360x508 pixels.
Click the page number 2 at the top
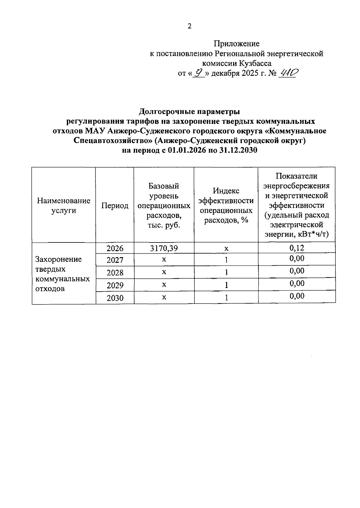189,26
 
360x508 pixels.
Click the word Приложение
236,44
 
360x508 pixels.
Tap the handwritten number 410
287,73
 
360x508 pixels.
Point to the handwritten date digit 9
198,73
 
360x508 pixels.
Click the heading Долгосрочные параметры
189,112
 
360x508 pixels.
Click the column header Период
115,206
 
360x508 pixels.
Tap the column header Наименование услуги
64,205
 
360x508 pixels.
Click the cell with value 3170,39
164,248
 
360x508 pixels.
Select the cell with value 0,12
297,247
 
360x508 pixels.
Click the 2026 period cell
115,248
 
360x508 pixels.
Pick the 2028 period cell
115,273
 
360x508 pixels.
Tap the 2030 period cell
115,298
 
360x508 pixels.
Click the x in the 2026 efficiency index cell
226,249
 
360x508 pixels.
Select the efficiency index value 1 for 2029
226,285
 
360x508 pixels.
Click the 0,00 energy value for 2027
297,259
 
